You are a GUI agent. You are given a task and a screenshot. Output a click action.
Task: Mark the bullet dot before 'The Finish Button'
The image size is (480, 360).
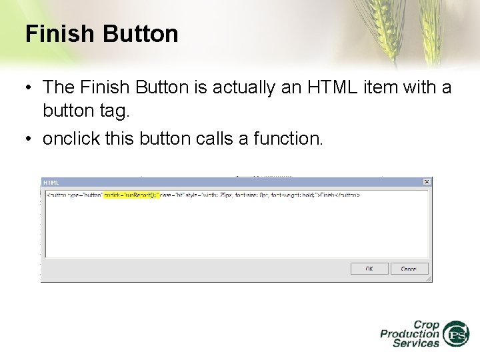(x=30, y=87)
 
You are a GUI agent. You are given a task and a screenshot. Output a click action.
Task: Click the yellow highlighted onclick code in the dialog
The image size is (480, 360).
(x=131, y=195)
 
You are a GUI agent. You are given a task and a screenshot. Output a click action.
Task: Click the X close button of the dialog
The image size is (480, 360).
(x=427, y=181)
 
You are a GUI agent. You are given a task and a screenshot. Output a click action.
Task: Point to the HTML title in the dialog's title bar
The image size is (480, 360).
(x=51, y=182)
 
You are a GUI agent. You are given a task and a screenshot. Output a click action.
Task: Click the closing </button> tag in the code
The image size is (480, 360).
(x=348, y=195)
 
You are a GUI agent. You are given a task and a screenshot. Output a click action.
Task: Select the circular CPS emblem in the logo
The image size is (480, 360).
(x=457, y=334)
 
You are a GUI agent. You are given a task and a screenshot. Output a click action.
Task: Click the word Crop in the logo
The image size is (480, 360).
(x=426, y=325)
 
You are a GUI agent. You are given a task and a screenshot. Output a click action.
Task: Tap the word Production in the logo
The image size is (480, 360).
(x=409, y=334)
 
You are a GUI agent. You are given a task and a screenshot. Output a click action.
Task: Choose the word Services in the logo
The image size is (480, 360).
(x=416, y=343)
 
